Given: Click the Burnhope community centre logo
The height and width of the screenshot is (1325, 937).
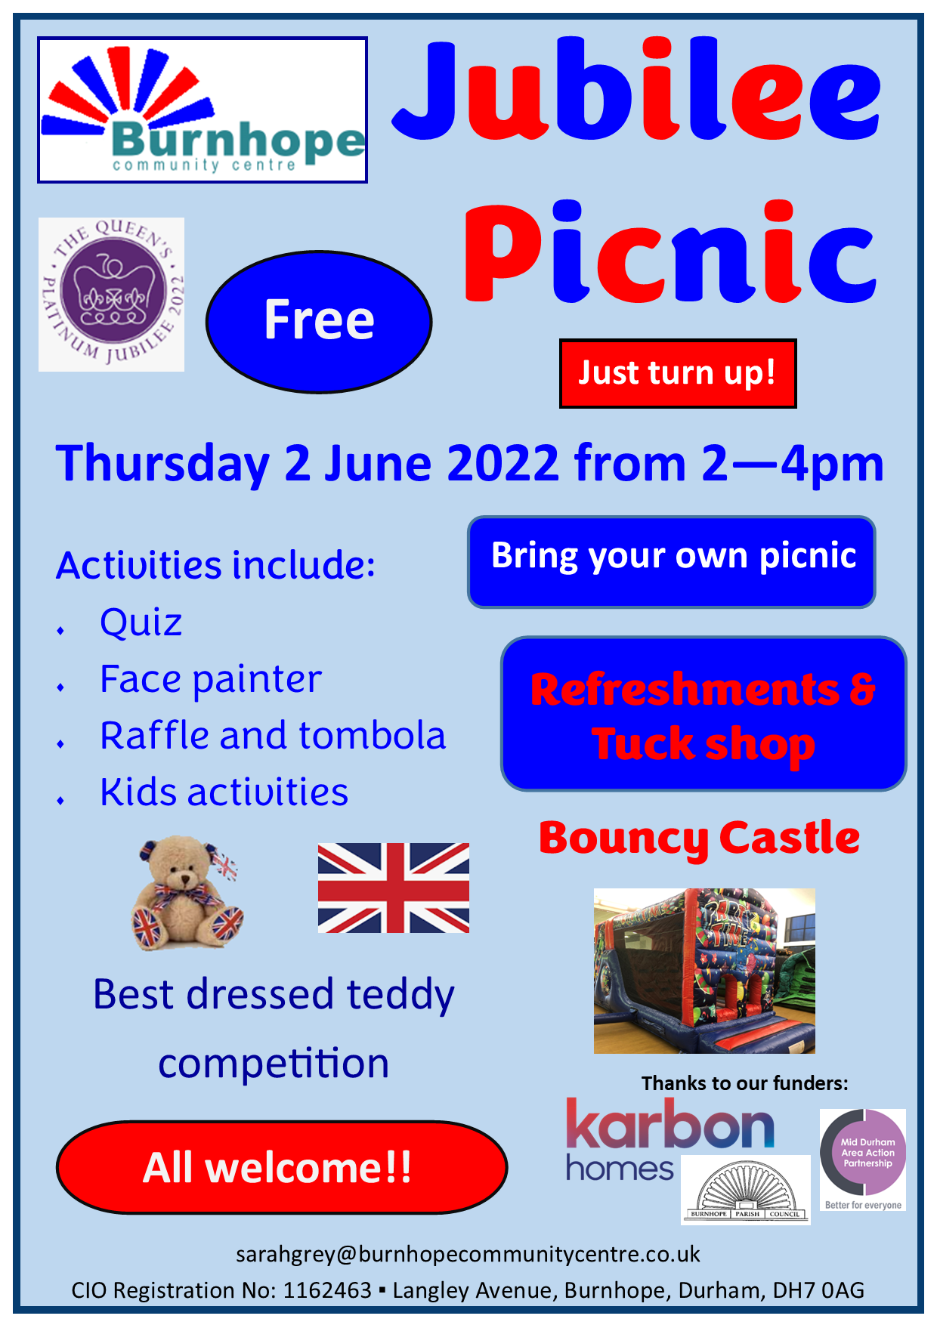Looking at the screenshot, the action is click(x=203, y=110).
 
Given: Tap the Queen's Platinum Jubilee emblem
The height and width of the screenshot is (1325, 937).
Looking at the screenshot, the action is click(x=111, y=294).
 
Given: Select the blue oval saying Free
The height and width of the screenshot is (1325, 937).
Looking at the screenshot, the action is click(x=319, y=322).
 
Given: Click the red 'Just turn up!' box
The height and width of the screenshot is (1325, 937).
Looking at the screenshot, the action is click(x=678, y=373).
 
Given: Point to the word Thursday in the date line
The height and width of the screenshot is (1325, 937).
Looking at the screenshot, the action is click(x=162, y=464).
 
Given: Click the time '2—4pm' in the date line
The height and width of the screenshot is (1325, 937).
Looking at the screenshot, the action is click(x=793, y=464).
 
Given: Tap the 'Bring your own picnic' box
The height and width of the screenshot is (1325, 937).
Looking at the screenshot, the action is click(x=672, y=561).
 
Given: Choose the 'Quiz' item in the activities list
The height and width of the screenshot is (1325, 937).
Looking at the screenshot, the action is click(x=141, y=622).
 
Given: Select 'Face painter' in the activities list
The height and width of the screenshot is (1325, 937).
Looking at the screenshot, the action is click(x=211, y=679).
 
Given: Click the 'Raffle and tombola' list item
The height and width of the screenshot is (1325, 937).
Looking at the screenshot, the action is click(x=273, y=736).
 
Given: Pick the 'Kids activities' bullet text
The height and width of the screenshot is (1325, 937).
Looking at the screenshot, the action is click(x=224, y=792).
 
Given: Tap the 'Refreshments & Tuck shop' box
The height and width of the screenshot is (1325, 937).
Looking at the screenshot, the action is click(x=704, y=714).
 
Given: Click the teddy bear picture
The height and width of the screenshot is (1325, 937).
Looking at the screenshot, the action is click(x=187, y=892).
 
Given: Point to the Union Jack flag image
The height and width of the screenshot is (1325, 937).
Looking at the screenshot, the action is click(x=394, y=888).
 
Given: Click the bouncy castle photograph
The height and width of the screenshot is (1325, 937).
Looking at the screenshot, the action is click(x=704, y=971).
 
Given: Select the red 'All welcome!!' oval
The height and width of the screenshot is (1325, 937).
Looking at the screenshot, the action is click(x=282, y=1167).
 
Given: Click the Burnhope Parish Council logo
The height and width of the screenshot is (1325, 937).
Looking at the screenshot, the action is click(x=746, y=1190).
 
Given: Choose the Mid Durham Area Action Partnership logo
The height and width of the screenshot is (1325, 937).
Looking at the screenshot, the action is click(x=863, y=1160).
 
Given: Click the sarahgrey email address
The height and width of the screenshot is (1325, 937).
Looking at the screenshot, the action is click(x=468, y=1254).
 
